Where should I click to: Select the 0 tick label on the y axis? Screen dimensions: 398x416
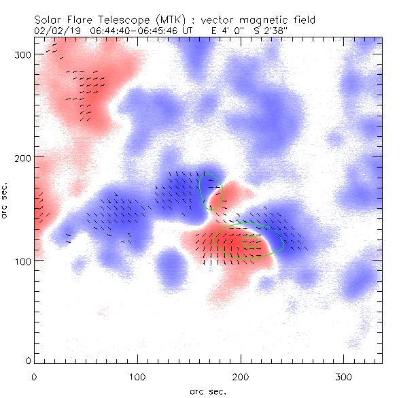(x=27, y=361)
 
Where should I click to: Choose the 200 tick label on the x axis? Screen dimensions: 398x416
(x=240, y=376)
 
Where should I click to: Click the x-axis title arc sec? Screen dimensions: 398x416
(x=207, y=391)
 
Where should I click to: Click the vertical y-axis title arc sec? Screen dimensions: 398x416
(x=5, y=201)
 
